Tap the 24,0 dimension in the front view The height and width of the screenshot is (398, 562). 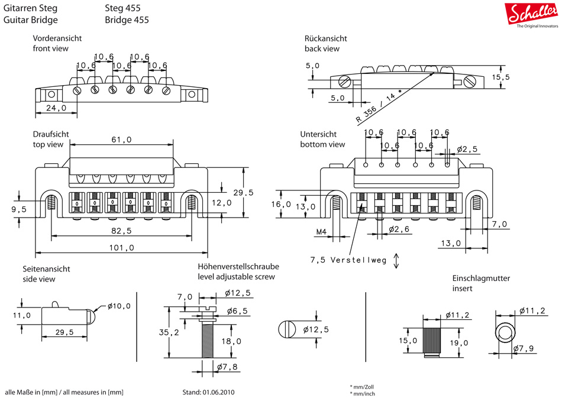point(56,108)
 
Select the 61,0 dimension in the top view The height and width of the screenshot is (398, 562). point(121,140)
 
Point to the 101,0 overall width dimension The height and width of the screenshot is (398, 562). point(122,248)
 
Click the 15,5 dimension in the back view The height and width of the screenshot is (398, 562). point(500,77)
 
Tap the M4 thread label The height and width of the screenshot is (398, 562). point(321,231)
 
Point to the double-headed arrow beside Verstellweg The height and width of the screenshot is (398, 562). point(396,260)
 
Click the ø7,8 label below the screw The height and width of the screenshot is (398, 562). point(227,368)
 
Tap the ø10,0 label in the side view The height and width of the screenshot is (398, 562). point(119,306)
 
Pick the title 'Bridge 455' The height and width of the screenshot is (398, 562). point(127,20)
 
